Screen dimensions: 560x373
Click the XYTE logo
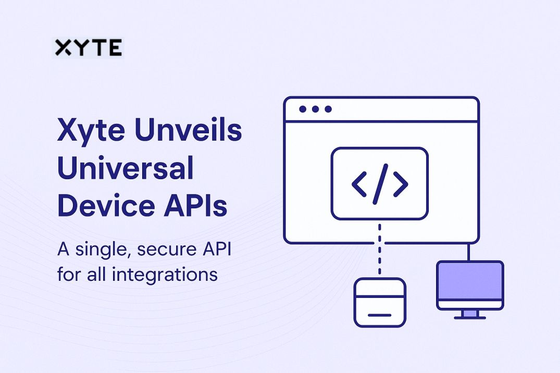coord(89,47)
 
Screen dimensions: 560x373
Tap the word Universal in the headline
coord(126,167)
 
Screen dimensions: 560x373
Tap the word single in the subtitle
coord(101,250)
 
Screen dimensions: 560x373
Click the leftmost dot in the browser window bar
coord(303,109)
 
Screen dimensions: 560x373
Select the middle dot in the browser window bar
coord(315,109)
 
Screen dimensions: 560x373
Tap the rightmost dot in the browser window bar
coord(328,109)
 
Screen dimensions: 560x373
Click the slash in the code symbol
coord(380,184)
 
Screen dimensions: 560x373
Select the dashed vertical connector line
coord(379,249)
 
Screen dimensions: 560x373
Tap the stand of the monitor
coord(470,315)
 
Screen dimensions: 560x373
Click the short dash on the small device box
coord(380,315)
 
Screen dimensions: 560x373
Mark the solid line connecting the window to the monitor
coord(468,252)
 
